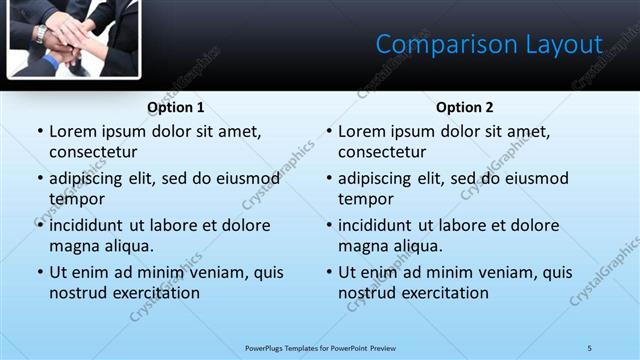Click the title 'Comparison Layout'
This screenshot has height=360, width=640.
coord(489,45)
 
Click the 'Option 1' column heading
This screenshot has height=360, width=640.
coord(176,107)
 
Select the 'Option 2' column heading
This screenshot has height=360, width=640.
coord(465,107)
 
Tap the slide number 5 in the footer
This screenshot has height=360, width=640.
coord(590,347)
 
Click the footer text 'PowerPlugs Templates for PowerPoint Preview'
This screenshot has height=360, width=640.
coord(320,347)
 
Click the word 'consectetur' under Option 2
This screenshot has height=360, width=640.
coord(381,152)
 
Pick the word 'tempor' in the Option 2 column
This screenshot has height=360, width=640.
coord(365,199)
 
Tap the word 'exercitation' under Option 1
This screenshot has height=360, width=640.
coord(154,293)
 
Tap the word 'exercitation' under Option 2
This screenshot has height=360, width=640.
coord(443,293)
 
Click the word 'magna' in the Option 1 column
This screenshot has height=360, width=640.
coord(74,246)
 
